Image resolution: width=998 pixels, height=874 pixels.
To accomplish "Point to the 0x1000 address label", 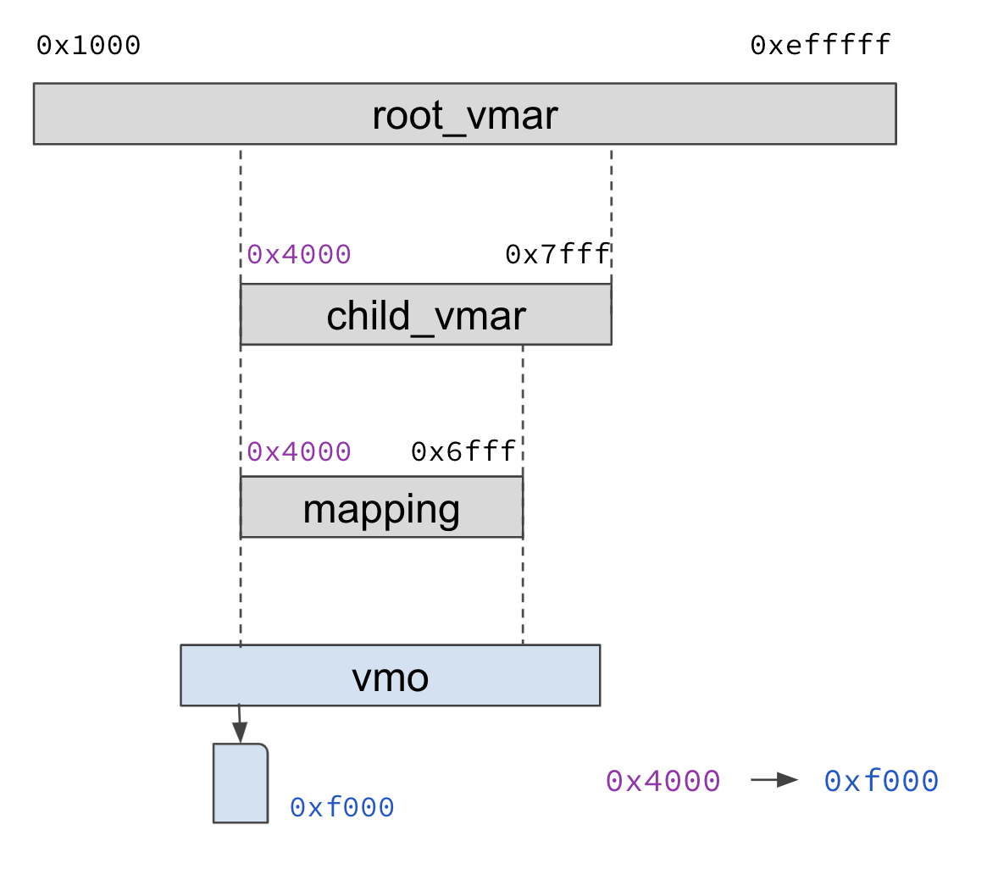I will [88, 46].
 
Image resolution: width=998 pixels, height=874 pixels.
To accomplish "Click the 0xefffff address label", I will [820, 46].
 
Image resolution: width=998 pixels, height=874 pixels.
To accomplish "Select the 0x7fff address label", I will [557, 255].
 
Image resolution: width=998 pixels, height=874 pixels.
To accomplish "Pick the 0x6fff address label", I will [463, 452].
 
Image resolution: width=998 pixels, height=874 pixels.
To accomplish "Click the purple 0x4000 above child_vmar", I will [299, 255].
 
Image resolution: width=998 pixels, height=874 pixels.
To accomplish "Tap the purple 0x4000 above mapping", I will [299, 452].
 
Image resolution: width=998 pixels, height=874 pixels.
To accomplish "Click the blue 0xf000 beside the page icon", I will [341, 808].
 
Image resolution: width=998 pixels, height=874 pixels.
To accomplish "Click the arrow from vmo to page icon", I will [239, 724].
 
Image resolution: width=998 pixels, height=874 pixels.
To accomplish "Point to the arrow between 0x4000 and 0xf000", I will [773, 780].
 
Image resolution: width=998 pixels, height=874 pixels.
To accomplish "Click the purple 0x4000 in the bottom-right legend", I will [663, 781].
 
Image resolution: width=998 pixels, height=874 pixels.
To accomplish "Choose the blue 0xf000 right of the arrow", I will [881, 781].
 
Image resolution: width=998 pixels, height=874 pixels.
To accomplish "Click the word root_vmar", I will [464, 115].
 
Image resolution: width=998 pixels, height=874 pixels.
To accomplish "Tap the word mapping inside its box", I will [381, 509].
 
